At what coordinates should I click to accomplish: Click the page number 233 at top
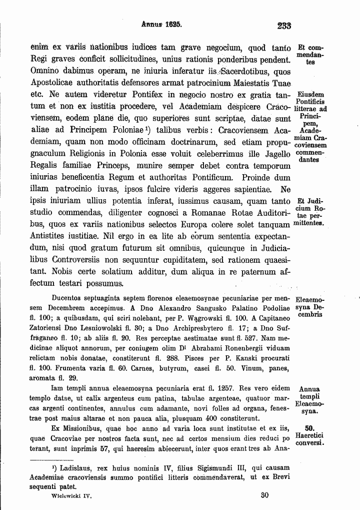coord(283,25)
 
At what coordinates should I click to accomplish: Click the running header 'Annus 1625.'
coord(161,23)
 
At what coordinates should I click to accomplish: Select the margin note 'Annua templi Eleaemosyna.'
coord(309,400)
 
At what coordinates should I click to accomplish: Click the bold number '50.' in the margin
coord(309,428)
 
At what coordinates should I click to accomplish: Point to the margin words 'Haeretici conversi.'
coord(310,439)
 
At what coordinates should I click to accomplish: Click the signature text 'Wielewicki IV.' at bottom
coord(72,496)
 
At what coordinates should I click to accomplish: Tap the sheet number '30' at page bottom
coord(265,495)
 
